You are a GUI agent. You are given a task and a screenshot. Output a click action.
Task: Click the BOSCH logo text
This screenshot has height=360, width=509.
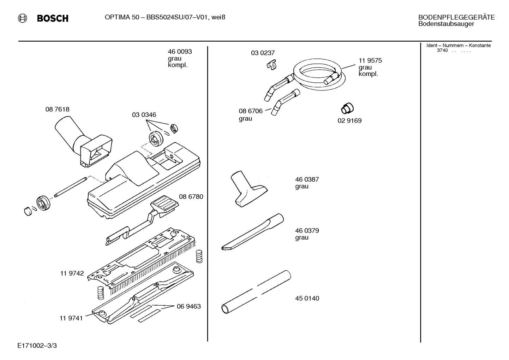click(53, 18)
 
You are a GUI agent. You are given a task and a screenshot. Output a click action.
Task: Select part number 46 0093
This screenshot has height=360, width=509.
click(180, 52)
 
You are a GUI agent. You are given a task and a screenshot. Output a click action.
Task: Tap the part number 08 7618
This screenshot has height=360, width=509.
click(57, 110)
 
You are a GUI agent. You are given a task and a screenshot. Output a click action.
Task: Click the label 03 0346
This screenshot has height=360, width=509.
click(144, 115)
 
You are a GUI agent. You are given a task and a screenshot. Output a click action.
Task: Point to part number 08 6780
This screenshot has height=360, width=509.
click(191, 196)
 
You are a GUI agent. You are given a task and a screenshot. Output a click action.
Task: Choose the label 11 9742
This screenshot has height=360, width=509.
click(72, 273)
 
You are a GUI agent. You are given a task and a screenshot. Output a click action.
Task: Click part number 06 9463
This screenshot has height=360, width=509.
click(188, 306)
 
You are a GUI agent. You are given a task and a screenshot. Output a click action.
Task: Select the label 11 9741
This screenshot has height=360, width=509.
click(71, 318)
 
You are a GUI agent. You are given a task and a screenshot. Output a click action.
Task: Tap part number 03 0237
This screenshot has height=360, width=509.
click(263, 53)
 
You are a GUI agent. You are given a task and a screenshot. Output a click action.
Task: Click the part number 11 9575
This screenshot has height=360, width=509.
click(370, 60)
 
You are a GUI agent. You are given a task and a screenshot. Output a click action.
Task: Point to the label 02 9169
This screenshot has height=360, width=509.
click(349, 120)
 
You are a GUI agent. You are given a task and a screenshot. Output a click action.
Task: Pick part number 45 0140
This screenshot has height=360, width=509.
click(307, 298)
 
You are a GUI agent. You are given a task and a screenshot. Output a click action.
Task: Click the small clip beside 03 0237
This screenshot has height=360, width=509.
click(271, 65)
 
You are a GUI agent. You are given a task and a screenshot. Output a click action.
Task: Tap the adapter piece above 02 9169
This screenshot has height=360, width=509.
click(348, 108)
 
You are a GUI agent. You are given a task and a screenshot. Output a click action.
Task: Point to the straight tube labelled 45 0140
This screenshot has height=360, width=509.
click(256, 292)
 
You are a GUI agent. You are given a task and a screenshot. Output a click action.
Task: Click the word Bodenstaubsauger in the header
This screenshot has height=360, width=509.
click(446, 24)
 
